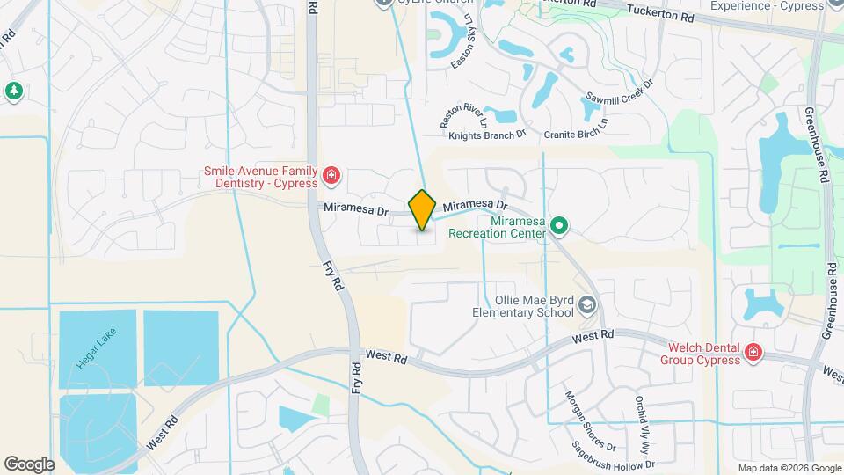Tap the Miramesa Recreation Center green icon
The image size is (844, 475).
coord(558,228)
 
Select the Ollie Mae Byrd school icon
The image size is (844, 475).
coord(587,306)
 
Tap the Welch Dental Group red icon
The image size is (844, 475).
coord(753,353)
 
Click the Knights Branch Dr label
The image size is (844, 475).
coord(486,135)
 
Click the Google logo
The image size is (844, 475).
coord(29,464)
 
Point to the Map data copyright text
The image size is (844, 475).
coord(789,468)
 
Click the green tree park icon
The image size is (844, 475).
coord(13,91)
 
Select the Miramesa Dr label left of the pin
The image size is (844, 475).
coord(355,209)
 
